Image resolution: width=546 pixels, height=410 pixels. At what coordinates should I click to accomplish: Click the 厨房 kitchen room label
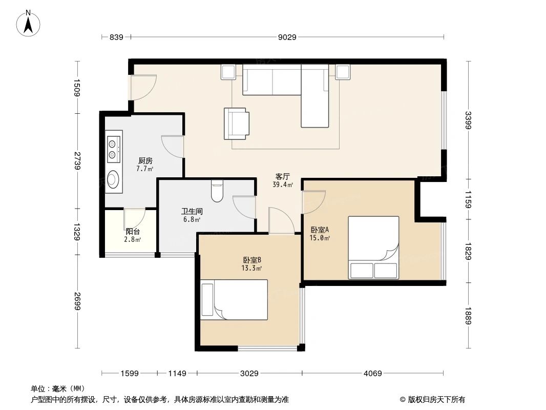click(145, 160)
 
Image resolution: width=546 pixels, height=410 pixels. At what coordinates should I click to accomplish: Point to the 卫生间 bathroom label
click(191, 211)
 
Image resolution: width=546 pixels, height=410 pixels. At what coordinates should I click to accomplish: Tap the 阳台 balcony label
click(133, 232)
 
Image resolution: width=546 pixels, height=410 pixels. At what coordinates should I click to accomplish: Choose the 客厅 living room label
click(283, 176)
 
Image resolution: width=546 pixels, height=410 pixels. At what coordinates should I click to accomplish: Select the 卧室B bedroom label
click(252, 260)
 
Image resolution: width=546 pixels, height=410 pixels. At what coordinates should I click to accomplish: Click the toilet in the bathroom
click(217, 192)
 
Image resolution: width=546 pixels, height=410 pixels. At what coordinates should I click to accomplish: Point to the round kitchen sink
click(113, 179)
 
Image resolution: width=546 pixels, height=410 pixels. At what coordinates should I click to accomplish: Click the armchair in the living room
click(236, 124)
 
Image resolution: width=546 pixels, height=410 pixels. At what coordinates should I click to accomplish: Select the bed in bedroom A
click(373, 248)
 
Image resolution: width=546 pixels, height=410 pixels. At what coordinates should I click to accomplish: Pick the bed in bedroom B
click(234, 299)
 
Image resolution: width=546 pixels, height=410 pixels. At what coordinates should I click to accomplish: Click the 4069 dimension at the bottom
click(372, 374)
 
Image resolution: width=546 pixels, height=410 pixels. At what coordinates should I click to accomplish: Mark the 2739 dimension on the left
click(77, 161)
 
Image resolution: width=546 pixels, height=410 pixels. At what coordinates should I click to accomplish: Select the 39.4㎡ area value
click(283, 184)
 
